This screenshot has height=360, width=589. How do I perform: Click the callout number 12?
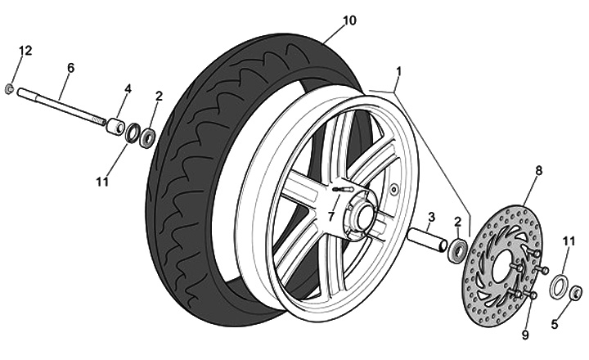[x=25, y=51]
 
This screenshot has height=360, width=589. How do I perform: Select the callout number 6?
[x=70, y=68]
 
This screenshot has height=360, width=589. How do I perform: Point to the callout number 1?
[x=398, y=71]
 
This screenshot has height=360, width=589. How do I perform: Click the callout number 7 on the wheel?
[x=331, y=217]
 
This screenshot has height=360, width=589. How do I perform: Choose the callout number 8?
[x=538, y=171]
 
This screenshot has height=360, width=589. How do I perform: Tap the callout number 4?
[x=128, y=88]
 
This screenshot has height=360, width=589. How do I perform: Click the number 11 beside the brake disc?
[x=569, y=241]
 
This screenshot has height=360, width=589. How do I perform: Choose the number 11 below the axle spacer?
[x=101, y=182]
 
